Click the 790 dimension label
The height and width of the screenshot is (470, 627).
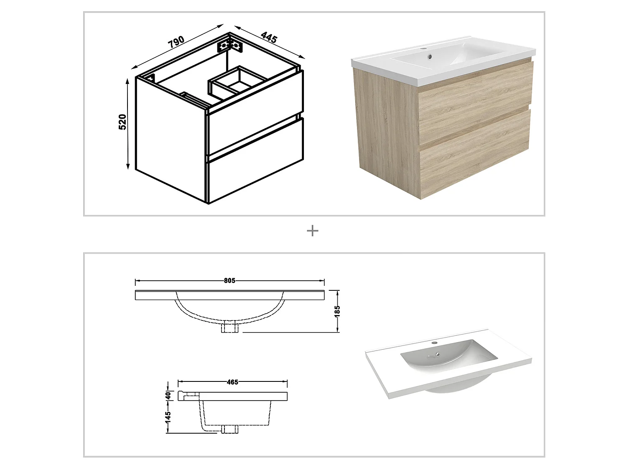[x=176, y=42]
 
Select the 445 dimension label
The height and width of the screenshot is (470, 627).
[x=269, y=37]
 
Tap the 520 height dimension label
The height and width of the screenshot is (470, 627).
[x=122, y=122]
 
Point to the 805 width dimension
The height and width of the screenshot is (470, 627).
[x=229, y=281]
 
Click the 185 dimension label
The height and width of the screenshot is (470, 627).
[x=337, y=311]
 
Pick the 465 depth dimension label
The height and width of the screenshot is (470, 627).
[x=232, y=382]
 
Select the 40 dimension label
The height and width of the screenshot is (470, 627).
[x=168, y=395]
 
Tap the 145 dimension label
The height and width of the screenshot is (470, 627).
[x=168, y=417]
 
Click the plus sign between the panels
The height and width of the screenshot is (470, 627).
[x=313, y=231]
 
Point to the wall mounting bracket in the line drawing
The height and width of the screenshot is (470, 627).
[x=230, y=45]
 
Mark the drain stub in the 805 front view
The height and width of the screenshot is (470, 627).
[x=230, y=327]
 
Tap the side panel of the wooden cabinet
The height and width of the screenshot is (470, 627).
[x=387, y=125]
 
